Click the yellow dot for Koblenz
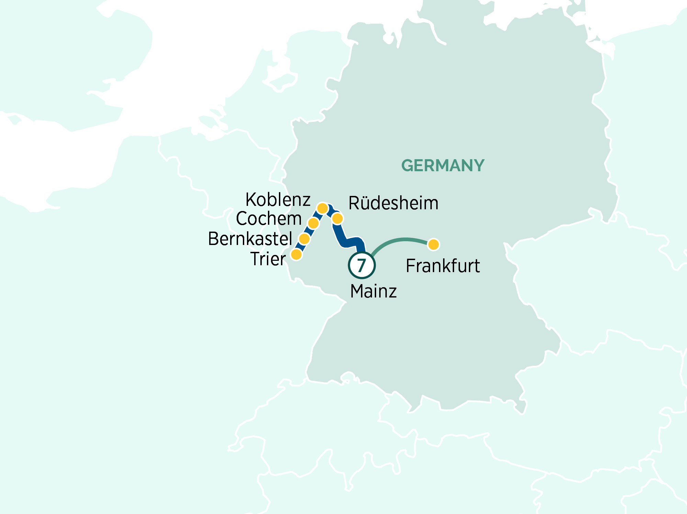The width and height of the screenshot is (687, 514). (x=322, y=208)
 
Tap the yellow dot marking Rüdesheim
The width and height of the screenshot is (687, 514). (x=338, y=219)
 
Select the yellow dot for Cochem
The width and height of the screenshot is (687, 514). (x=313, y=223)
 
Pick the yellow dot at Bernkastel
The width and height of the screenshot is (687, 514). (x=304, y=238)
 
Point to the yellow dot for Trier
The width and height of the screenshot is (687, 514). (x=296, y=255)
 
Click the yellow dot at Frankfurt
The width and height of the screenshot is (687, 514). (x=433, y=244)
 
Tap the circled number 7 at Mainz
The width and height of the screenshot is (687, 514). (x=362, y=265)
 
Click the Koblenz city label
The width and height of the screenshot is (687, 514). (x=278, y=200)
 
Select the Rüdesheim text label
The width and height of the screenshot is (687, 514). (x=393, y=203)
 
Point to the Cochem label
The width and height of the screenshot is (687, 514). (x=269, y=219)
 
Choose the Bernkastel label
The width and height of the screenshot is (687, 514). (x=250, y=239)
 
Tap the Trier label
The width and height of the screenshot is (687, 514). (x=268, y=259)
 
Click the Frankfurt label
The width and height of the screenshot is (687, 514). (x=443, y=266)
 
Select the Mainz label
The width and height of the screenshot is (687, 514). (x=373, y=291)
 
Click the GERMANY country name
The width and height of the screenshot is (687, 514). (x=443, y=165)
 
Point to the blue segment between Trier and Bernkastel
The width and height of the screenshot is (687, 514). (x=300, y=247)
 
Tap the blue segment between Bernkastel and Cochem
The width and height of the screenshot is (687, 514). (x=309, y=231)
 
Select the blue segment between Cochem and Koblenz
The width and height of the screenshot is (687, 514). (x=318, y=215)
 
